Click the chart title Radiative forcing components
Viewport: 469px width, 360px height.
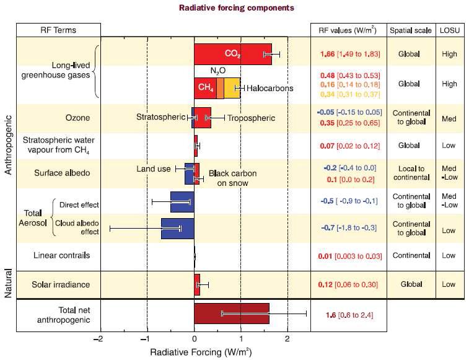[236, 7]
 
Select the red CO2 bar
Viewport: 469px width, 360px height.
[233, 54]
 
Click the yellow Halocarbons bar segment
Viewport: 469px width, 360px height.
[232, 88]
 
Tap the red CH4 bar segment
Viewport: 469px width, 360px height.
[206, 88]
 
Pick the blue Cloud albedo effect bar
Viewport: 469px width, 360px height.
[178, 228]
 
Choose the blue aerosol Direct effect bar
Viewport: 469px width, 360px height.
[182, 202]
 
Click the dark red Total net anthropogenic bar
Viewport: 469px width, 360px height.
[232, 314]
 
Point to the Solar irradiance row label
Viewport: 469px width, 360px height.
[61, 284]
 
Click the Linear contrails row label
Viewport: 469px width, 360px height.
[61, 255]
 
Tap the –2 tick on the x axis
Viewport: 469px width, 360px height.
[98, 339]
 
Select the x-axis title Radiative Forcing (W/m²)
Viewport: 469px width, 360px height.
[201, 352]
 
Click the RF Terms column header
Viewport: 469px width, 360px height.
[58, 30]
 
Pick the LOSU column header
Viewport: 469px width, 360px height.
[450, 30]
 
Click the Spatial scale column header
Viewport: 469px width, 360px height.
[411, 30]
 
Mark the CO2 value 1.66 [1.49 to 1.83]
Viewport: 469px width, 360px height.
[350, 54]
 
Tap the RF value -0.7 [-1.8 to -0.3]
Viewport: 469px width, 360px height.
[349, 228]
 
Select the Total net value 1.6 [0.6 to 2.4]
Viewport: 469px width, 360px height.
[349, 315]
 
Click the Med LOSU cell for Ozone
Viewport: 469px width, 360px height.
[449, 119]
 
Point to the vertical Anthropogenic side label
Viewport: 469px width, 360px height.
[8, 145]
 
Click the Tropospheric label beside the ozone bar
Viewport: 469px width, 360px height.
[252, 118]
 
